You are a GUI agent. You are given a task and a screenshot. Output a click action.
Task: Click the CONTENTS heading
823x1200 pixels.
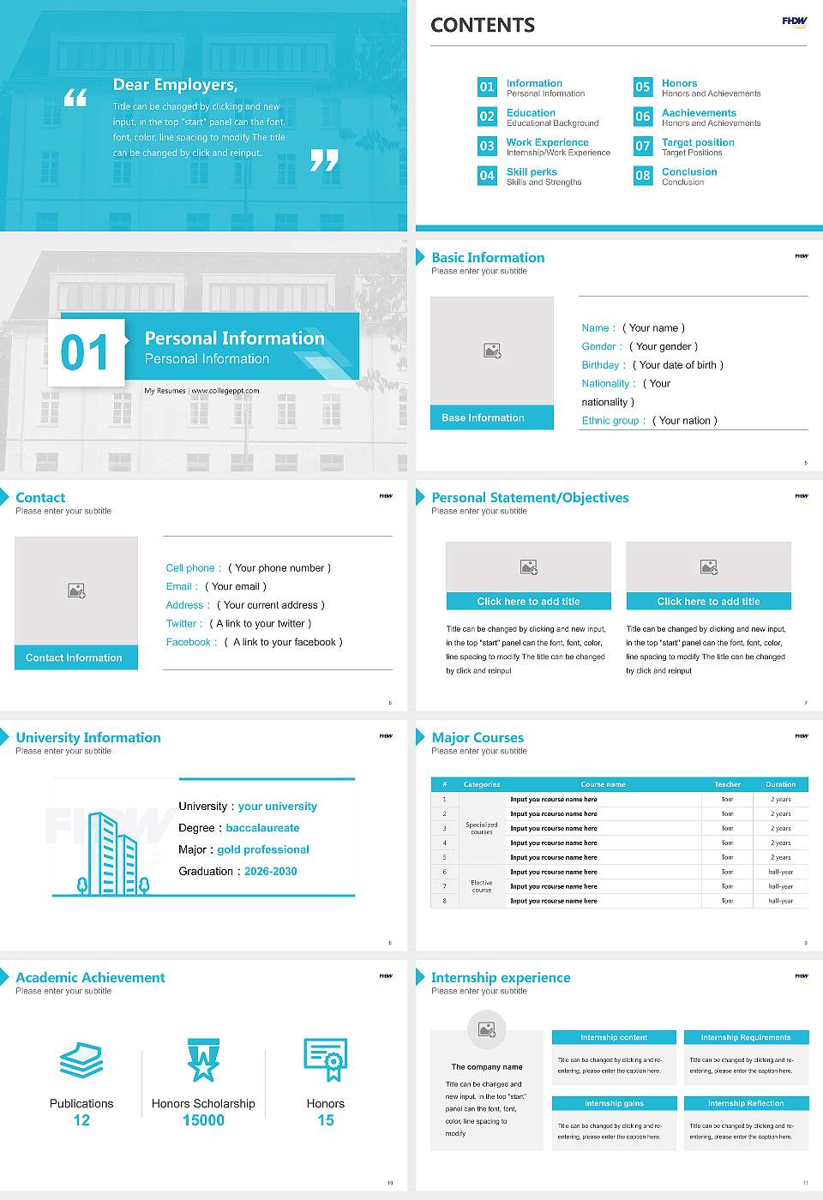click(x=483, y=26)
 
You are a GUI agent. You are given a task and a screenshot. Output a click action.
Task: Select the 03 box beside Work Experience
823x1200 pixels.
click(x=487, y=146)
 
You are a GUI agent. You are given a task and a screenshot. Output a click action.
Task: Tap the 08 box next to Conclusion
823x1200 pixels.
click(x=643, y=176)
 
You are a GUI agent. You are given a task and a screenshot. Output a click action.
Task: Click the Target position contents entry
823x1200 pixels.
click(x=698, y=142)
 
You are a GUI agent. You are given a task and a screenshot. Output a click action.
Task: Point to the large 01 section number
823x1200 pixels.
click(x=86, y=351)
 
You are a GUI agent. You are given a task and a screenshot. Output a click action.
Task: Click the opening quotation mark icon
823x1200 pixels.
click(x=75, y=98)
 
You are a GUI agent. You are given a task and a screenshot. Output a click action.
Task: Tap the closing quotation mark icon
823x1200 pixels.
click(x=324, y=159)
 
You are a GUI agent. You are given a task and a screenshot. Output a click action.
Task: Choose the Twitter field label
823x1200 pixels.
click(x=184, y=624)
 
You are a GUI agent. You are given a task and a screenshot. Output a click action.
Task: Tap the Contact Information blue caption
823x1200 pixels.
click(x=75, y=657)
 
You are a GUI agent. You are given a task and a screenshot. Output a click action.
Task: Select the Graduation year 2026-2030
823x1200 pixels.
click(x=271, y=872)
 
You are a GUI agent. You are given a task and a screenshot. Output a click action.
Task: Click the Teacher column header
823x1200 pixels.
click(x=727, y=784)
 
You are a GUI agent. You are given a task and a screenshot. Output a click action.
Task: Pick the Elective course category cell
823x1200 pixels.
click(x=482, y=886)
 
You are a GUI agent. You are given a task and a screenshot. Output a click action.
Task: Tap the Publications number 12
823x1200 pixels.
click(x=81, y=1120)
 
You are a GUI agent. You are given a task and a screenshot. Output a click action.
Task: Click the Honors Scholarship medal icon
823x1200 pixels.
click(x=204, y=1059)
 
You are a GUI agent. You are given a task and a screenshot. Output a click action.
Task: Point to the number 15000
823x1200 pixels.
click(x=204, y=1120)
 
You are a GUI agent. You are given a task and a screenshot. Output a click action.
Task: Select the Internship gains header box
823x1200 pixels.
click(x=614, y=1103)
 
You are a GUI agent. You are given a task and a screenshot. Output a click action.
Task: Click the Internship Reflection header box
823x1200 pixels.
click(x=746, y=1103)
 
